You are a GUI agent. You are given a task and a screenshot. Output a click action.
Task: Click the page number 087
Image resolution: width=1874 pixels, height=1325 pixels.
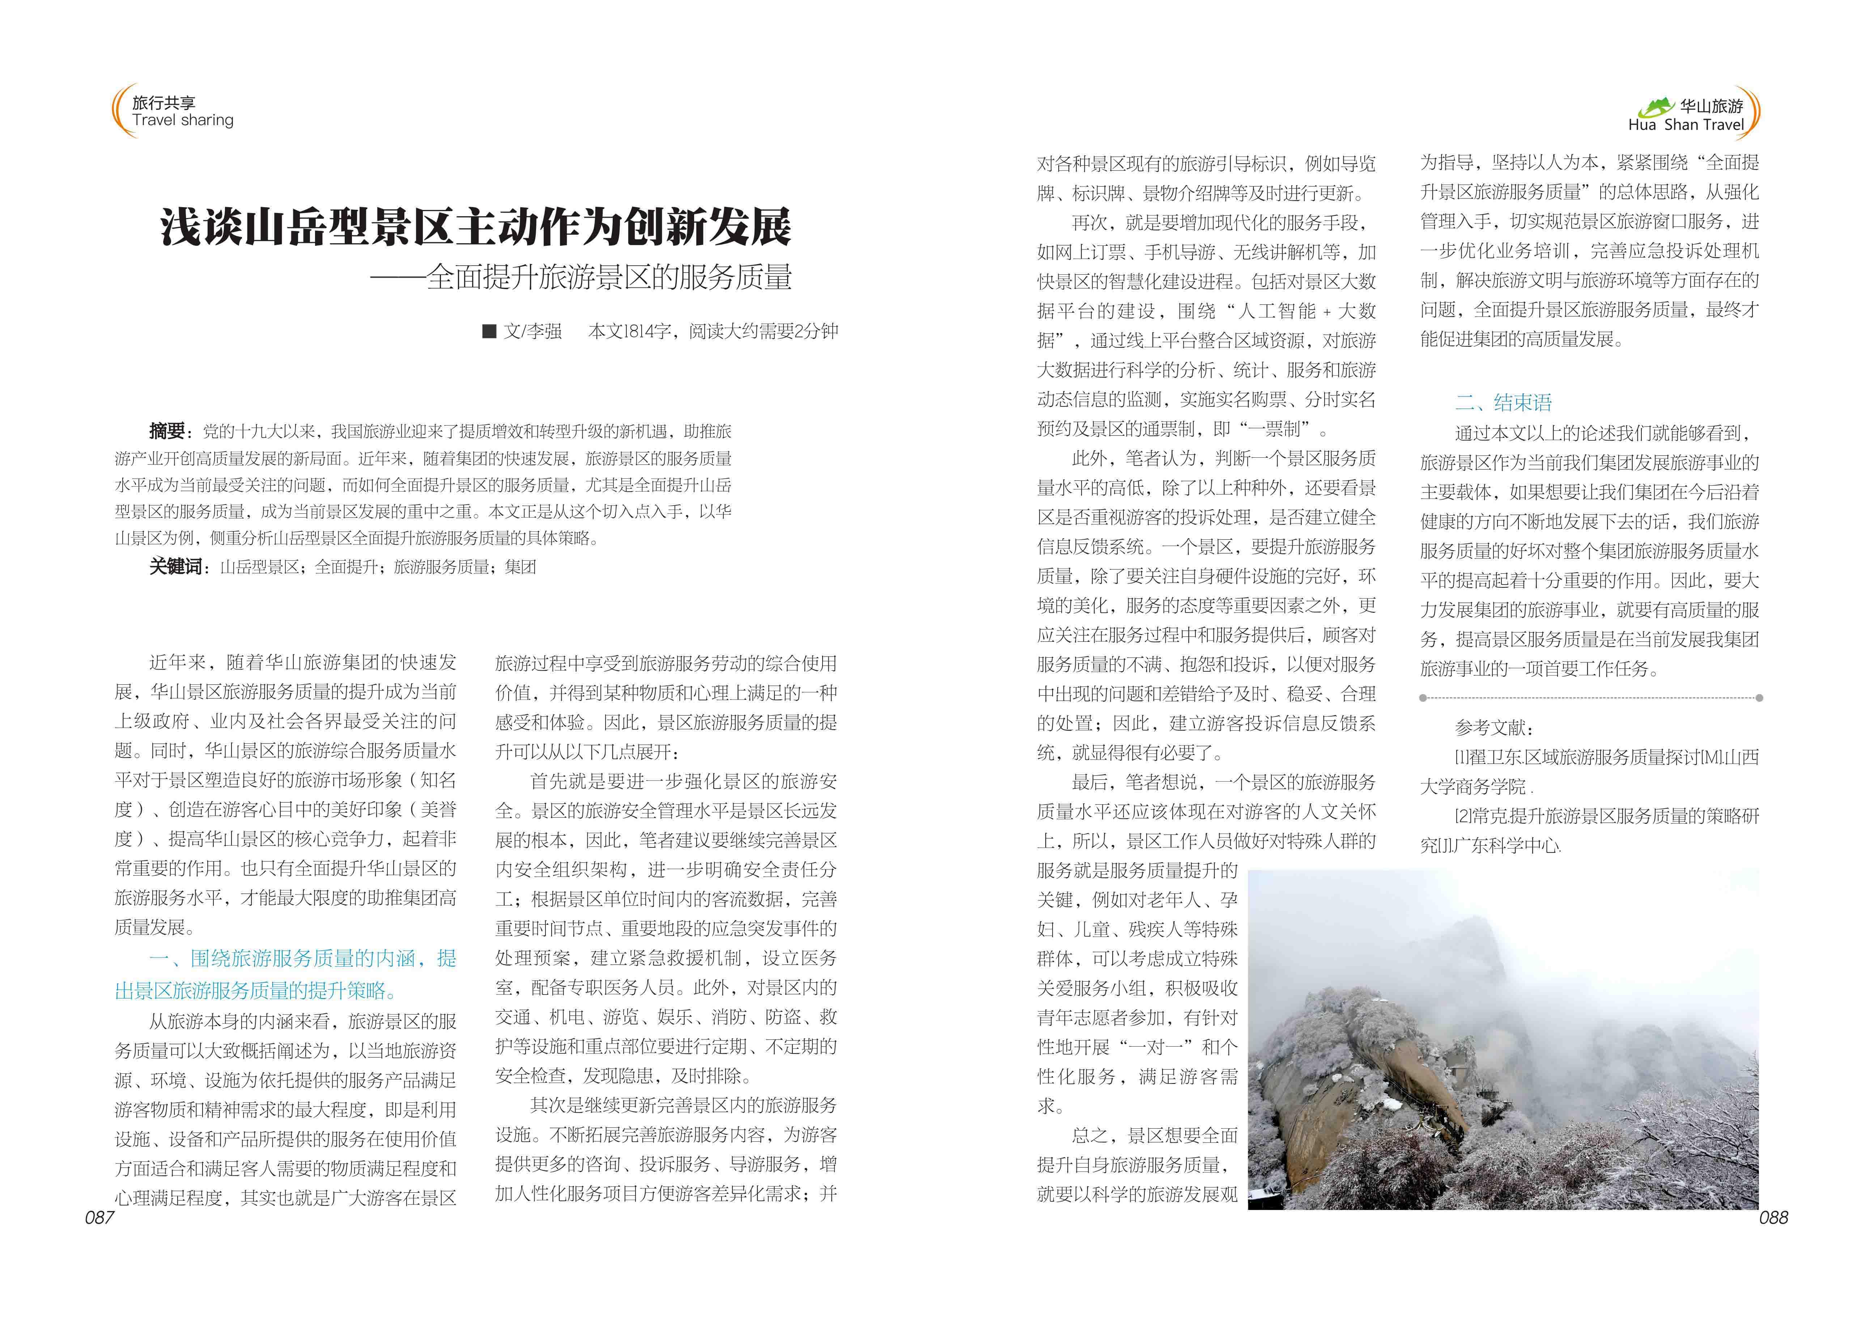pos(99,1217)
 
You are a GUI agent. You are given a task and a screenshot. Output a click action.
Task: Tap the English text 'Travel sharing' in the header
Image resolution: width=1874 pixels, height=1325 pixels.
pos(183,121)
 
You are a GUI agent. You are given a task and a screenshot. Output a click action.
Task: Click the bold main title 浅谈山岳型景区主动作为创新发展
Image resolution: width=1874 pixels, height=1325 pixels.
pos(476,227)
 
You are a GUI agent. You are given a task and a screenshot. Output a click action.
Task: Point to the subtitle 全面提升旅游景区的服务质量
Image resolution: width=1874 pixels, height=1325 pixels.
pos(608,277)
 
